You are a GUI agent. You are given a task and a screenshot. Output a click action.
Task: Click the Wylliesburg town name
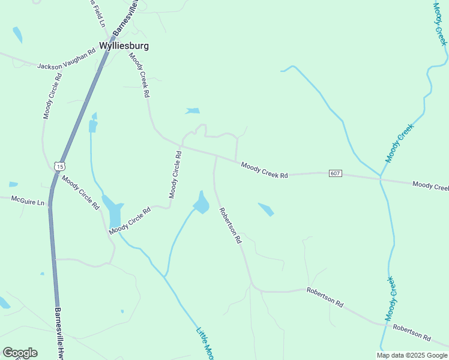coord(124,46)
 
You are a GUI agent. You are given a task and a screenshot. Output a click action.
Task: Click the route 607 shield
coord(336,173)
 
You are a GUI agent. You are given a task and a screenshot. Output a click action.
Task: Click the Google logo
coord(20,352)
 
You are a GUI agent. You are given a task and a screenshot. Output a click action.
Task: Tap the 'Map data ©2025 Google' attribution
coord(412,355)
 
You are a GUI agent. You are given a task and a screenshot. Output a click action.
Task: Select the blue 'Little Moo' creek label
coord(205,342)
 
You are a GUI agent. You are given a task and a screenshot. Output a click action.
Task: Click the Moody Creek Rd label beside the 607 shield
coord(264,170)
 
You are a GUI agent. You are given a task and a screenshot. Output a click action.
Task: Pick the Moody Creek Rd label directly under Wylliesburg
coord(139,74)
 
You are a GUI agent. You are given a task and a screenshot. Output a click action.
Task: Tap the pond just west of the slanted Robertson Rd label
coord(201,203)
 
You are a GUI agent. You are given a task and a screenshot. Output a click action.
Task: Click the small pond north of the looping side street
coord(193,110)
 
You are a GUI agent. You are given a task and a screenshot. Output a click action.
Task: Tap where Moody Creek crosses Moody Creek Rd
coord(380,178)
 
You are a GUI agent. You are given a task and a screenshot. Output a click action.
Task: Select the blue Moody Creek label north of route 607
coord(400,143)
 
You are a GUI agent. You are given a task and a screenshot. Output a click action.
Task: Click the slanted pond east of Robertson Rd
coord(266,209)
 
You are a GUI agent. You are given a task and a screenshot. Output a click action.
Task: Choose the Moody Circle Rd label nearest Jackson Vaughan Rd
coord(53,96)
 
